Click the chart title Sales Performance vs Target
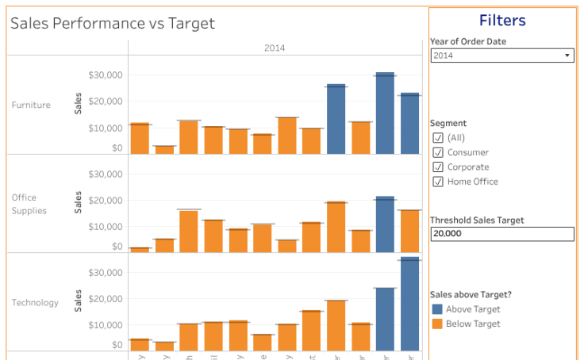pyautogui.click(x=112, y=24)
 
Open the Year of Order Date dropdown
pyautogui.click(x=501, y=56)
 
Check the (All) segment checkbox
pyautogui.click(x=438, y=138)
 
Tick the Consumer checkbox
pyautogui.click(x=438, y=152)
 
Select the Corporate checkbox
pyautogui.click(x=438, y=167)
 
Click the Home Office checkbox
pyautogui.click(x=438, y=182)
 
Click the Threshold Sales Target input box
pyautogui.click(x=501, y=234)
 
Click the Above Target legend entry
pyautogui.click(x=472, y=309)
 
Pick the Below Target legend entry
pyautogui.click(x=472, y=324)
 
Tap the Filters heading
pyautogui.click(x=501, y=21)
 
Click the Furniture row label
pyautogui.click(x=31, y=105)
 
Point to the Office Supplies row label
pyautogui.click(x=29, y=204)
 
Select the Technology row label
pyautogui.click(x=35, y=302)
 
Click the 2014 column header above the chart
pyautogui.click(x=275, y=48)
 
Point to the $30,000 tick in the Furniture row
pyautogui.click(x=105, y=75)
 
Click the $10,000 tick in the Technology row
pyautogui.click(x=105, y=325)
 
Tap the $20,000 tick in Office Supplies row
pyautogui.click(x=105, y=201)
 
